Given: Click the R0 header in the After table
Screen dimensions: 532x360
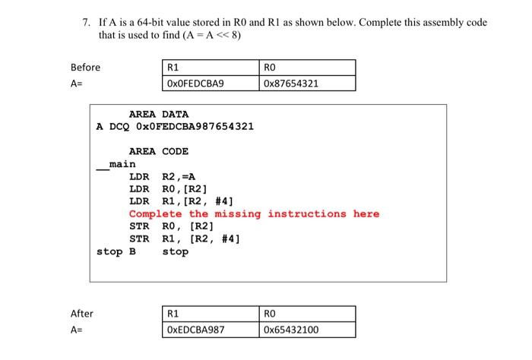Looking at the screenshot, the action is [x=271, y=314].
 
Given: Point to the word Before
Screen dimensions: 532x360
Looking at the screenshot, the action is [x=85, y=68].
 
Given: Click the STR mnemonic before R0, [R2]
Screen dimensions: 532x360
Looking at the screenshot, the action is [x=139, y=226].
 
